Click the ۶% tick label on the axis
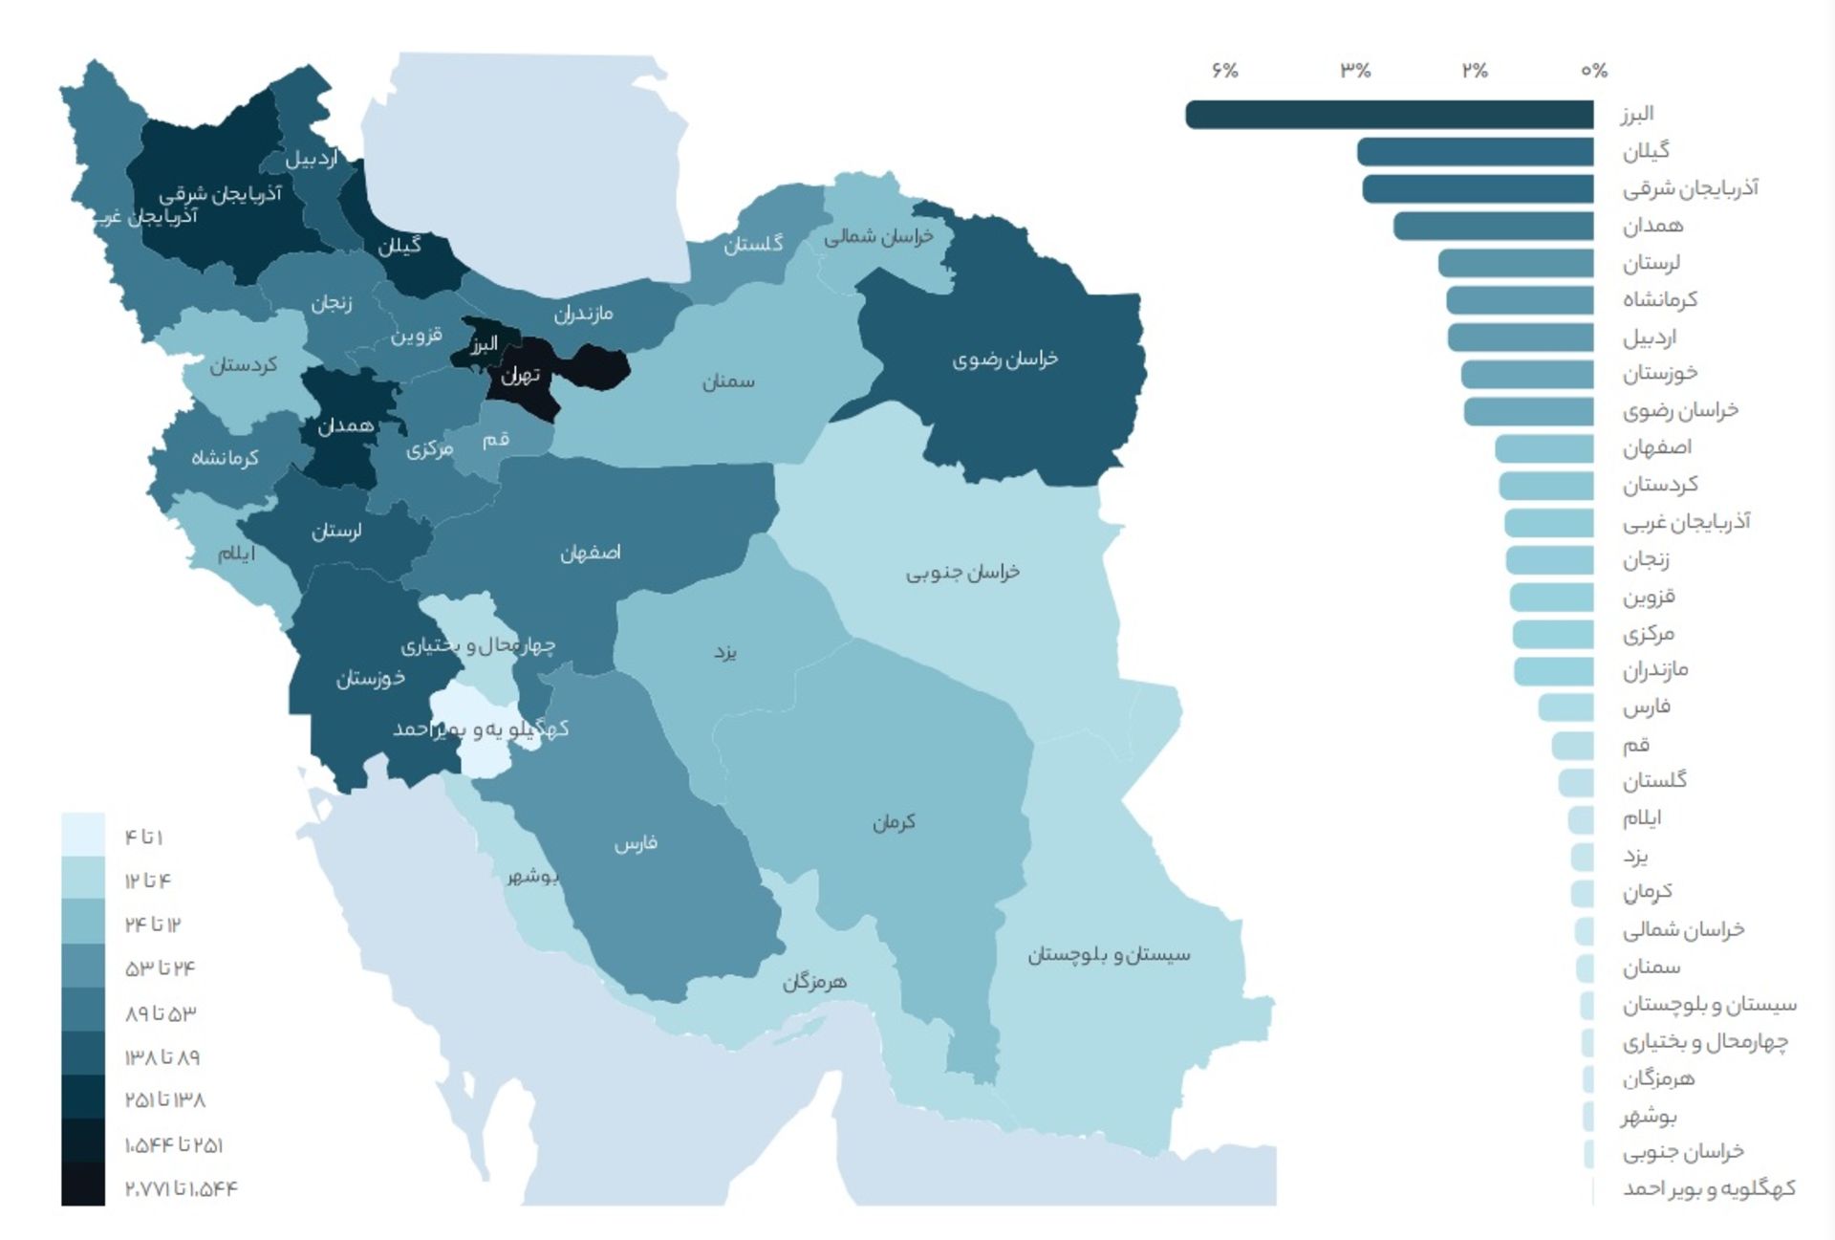click(x=1224, y=71)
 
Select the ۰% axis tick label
click(x=1593, y=71)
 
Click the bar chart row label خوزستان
click(x=1659, y=374)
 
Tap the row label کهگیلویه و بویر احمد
click(x=1708, y=1188)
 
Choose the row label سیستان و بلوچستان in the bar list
click(x=1709, y=1004)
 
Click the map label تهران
click(x=521, y=375)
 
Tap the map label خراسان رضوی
click(x=1004, y=359)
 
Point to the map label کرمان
click(x=894, y=822)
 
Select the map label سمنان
click(x=728, y=381)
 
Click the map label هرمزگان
click(x=814, y=982)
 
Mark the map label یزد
click(x=725, y=652)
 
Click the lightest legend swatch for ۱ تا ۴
click(x=83, y=835)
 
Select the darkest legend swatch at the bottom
click(x=83, y=1185)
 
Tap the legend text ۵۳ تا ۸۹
click(x=160, y=1012)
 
